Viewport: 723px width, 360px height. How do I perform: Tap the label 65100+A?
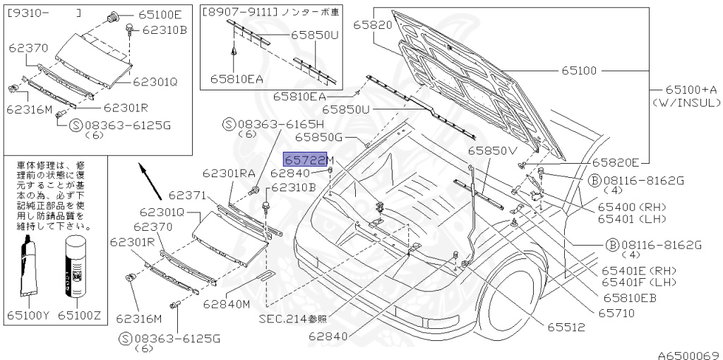pos(691,90)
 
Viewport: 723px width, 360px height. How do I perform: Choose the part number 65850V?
pos(491,150)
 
